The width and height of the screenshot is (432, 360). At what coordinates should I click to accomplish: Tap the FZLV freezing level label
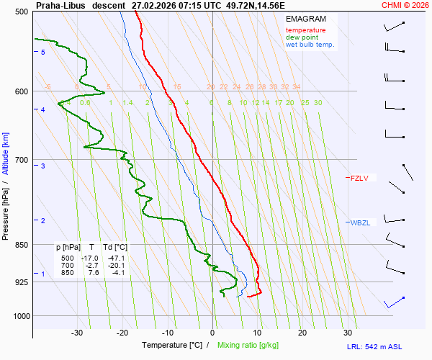(x=359, y=178)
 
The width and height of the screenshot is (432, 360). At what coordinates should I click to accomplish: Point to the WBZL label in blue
(x=360, y=222)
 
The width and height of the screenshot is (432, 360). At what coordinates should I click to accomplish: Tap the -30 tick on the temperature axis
(x=77, y=333)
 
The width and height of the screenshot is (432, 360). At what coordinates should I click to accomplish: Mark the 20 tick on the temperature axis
(x=302, y=333)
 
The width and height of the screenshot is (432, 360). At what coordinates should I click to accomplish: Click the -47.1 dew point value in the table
(x=114, y=258)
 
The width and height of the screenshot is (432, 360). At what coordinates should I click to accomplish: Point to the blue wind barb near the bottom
(x=394, y=301)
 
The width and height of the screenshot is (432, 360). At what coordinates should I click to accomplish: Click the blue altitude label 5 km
(x=43, y=53)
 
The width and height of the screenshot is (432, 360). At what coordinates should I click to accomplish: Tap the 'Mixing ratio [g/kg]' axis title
(x=248, y=346)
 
